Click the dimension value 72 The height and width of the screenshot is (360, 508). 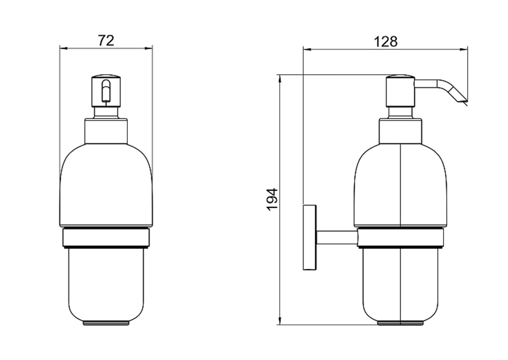pyautogui.click(x=106, y=41)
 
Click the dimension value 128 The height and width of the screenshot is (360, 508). pyautogui.click(x=386, y=42)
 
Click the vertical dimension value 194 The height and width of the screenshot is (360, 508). pyautogui.click(x=272, y=199)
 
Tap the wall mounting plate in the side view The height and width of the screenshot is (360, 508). pyautogui.click(x=309, y=237)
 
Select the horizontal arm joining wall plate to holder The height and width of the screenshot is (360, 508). pyautogui.click(x=337, y=238)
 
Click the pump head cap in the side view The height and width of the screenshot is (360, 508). pyautogui.click(x=401, y=91)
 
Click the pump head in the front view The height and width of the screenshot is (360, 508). pyautogui.click(x=106, y=91)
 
